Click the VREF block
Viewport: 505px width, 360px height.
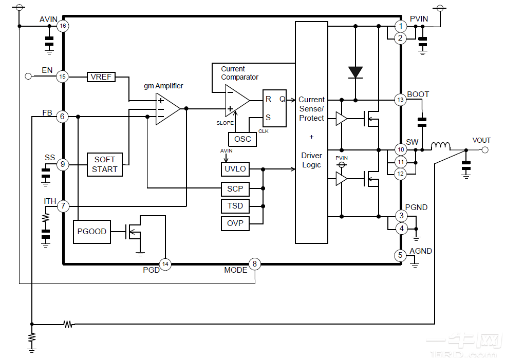click(101, 77)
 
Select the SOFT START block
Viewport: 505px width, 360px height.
click(105, 164)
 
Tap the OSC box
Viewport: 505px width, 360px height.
click(242, 139)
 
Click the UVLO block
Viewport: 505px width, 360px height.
click(235, 169)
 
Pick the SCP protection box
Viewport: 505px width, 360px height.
click(235, 189)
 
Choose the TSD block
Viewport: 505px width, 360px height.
click(235, 206)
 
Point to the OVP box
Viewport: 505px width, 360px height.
click(235, 223)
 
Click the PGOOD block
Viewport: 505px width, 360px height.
click(92, 232)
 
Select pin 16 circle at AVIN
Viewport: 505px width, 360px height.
click(63, 26)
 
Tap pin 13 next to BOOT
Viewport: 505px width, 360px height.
click(400, 100)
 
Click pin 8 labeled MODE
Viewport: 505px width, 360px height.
click(254, 264)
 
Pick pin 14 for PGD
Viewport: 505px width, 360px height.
click(165, 264)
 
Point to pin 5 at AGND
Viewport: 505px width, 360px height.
click(400, 255)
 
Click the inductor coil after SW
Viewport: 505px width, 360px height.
click(441, 146)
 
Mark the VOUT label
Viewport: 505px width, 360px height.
click(481, 140)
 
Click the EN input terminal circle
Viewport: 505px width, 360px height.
click(28, 77)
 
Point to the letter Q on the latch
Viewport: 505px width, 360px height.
click(282, 99)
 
